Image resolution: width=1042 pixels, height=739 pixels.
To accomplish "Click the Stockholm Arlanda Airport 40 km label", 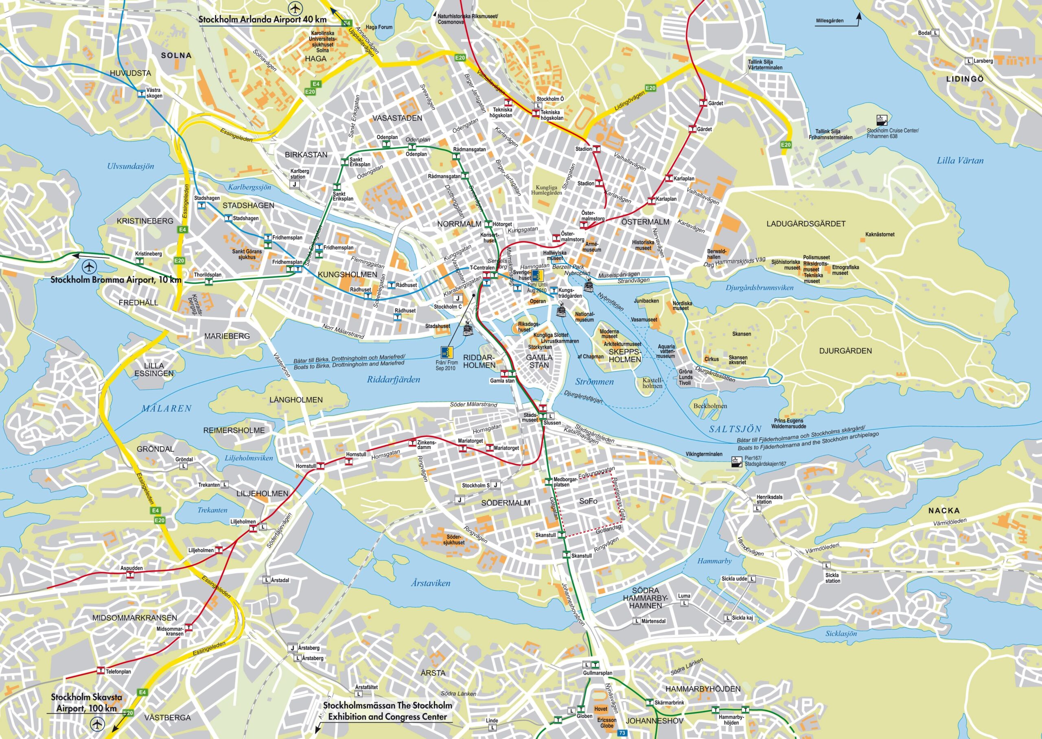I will [x=262, y=20].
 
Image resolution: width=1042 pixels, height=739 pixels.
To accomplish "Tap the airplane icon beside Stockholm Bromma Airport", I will [x=90, y=266].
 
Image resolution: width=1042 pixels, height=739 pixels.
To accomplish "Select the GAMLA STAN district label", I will [x=539, y=361].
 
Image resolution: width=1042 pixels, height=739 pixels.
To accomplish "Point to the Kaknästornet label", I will [x=880, y=234].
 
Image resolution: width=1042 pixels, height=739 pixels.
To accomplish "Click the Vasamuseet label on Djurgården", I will [x=644, y=319].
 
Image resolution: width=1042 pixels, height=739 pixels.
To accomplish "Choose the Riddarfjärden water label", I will [x=394, y=379].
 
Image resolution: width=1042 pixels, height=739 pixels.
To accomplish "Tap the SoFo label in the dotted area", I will [x=588, y=501].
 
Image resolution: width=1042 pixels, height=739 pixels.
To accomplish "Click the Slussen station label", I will [x=552, y=423].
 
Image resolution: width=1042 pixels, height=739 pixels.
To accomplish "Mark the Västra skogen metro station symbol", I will [x=141, y=93].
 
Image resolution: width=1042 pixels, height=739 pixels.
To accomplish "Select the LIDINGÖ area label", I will [x=965, y=79].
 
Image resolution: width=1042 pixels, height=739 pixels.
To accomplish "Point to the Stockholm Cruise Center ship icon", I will [x=882, y=120].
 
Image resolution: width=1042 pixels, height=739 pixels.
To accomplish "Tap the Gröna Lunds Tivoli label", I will [x=685, y=377].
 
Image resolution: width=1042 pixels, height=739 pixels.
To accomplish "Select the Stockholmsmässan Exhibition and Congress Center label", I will [x=387, y=711].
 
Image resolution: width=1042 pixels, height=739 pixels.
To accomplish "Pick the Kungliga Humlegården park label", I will [x=546, y=190].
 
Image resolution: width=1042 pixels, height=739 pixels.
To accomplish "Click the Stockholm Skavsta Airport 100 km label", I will [x=86, y=702].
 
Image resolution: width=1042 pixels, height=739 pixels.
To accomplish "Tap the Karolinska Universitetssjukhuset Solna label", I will [x=322, y=41].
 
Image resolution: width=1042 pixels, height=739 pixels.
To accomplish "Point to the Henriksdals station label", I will [x=769, y=499].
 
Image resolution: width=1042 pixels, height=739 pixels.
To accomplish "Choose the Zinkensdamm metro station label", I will [x=426, y=445].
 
